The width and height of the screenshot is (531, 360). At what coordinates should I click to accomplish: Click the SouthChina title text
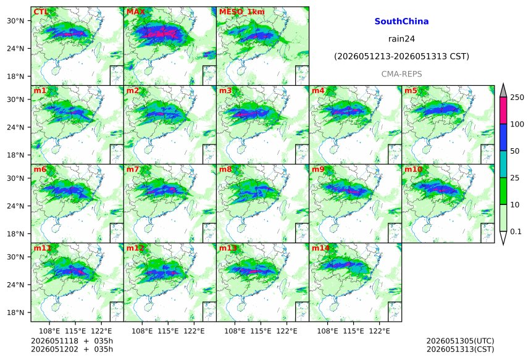(401, 22)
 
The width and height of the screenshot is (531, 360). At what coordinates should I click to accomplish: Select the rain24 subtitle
(401, 39)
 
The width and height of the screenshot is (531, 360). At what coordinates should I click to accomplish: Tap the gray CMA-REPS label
(401, 74)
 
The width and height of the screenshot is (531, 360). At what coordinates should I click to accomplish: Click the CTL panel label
(41, 12)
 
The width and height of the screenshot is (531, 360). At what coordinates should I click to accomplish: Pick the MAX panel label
(135, 12)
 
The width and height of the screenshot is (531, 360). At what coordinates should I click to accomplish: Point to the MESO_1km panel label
(242, 12)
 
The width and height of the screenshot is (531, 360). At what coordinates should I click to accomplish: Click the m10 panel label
(413, 169)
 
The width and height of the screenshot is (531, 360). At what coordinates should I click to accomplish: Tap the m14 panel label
(320, 248)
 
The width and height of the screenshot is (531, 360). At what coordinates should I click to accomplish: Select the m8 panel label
(225, 169)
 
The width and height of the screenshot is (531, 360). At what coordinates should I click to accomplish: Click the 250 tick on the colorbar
(517, 98)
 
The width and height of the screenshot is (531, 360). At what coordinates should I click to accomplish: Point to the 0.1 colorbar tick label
(516, 232)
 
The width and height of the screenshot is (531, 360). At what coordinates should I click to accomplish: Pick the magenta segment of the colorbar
(504, 111)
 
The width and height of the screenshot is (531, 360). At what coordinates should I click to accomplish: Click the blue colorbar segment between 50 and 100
(504, 137)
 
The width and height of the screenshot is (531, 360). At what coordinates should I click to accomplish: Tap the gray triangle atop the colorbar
(504, 90)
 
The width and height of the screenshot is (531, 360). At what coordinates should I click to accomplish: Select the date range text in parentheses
(401, 57)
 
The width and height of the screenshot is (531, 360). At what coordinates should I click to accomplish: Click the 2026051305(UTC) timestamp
(460, 341)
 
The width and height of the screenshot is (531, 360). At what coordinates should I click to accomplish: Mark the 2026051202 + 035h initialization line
(72, 349)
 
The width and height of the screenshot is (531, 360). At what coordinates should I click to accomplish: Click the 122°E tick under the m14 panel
(379, 331)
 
